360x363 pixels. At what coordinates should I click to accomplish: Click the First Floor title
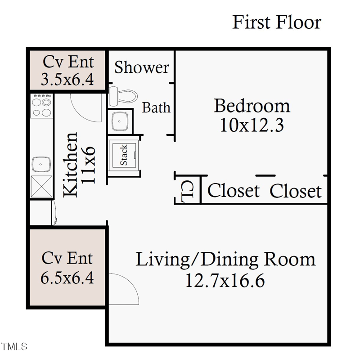pyautogui.click(x=276, y=22)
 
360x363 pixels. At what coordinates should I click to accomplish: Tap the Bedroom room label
pyautogui.click(x=252, y=106)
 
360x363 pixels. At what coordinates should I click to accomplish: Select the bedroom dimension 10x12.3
pyautogui.click(x=252, y=125)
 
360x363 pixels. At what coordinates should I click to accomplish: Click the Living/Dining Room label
pyautogui.click(x=225, y=260)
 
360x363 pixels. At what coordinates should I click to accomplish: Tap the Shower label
pyautogui.click(x=141, y=67)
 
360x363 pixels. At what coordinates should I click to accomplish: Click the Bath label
pyautogui.click(x=156, y=108)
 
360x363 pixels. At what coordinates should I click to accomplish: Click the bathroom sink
pyautogui.click(x=120, y=120)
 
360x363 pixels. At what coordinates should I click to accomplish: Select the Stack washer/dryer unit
pyautogui.click(x=124, y=156)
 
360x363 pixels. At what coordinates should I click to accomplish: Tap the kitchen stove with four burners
pyautogui.click(x=41, y=107)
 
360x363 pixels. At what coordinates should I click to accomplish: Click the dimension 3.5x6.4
pyautogui.click(x=67, y=80)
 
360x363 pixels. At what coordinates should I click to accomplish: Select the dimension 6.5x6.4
pyautogui.click(x=67, y=278)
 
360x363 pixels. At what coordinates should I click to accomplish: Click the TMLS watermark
pyautogui.click(x=14, y=347)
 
